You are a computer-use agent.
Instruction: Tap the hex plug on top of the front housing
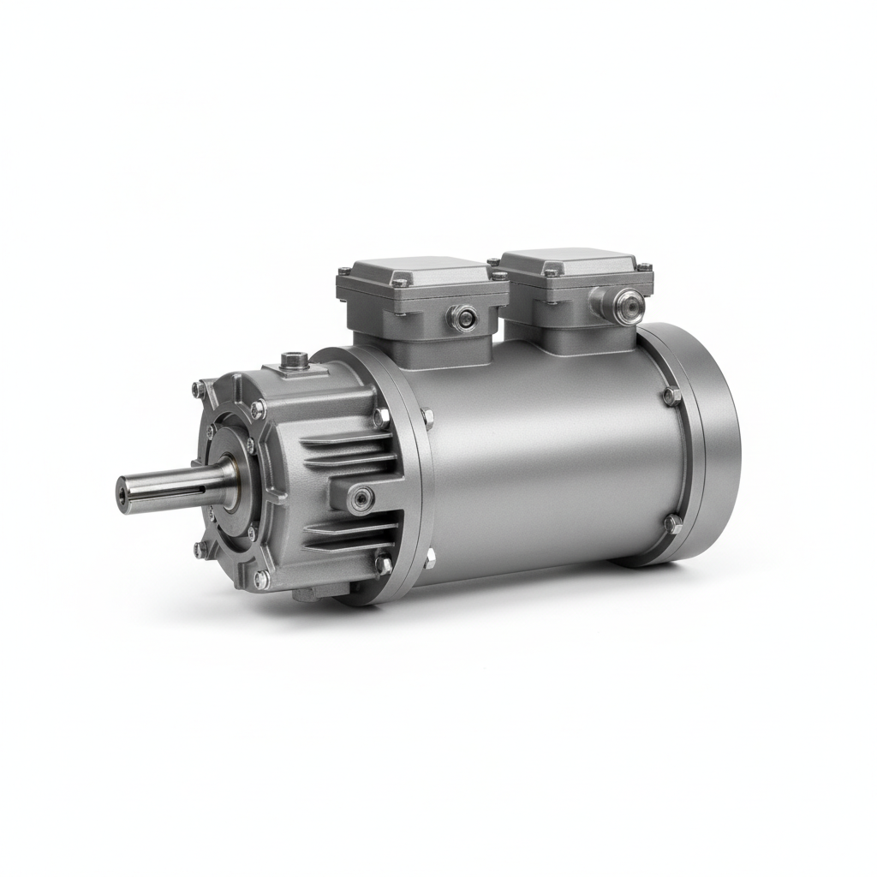pyautogui.click(x=295, y=360)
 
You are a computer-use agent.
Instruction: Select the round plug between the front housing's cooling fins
pyautogui.click(x=362, y=498)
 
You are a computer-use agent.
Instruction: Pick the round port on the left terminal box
pyautogui.click(x=463, y=319)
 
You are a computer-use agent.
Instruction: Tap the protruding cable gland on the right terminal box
pyautogui.click(x=628, y=306)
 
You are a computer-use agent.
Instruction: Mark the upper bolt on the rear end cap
pyautogui.click(x=671, y=397)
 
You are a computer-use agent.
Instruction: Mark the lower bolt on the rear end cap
pyautogui.click(x=673, y=523)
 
